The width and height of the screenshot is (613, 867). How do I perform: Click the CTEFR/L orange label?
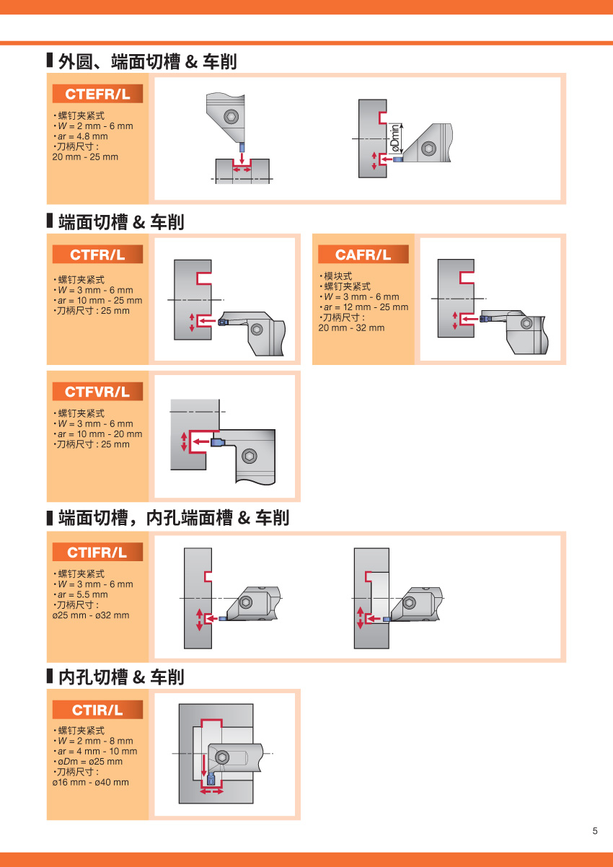click(x=97, y=94)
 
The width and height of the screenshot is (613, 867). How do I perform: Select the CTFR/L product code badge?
click(x=97, y=255)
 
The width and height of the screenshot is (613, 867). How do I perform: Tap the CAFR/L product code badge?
click(x=363, y=255)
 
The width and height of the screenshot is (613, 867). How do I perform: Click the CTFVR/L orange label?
click(x=97, y=392)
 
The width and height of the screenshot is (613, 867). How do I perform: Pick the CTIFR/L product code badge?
click(x=97, y=553)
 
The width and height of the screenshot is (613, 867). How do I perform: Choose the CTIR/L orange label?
click(x=97, y=710)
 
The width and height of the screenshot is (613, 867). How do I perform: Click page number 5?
click(x=595, y=831)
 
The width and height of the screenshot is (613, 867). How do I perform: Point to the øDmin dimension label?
click(x=394, y=137)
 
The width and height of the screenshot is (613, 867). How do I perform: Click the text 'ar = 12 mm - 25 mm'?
click(x=365, y=307)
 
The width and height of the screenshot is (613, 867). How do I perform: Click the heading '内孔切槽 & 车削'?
click(x=120, y=677)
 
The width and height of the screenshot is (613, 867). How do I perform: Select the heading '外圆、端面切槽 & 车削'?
click(x=147, y=62)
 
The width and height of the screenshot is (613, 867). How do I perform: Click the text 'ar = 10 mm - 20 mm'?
click(x=100, y=434)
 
